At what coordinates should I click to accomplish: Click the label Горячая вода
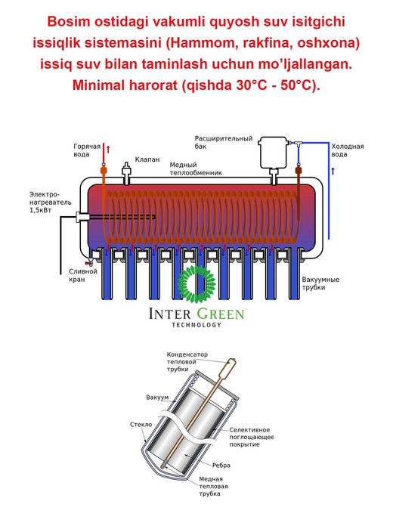click(87, 150)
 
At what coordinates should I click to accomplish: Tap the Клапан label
click(147, 159)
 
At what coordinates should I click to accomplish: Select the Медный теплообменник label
click(196, 169)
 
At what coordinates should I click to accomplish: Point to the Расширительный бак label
click(223, 142)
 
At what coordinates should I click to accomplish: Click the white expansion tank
click(273, 152)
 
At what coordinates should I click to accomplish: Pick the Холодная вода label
click(347, 150)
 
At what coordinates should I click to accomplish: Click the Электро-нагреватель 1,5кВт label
click(51, 202)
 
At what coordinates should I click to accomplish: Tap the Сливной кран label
click(83, 275)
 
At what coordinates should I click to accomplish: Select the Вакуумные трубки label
click(320, 283)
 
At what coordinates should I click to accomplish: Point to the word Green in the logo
click(220, 314)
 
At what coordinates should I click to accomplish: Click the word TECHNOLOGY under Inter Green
click(196, 325)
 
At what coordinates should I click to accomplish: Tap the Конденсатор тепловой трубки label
click(187, 362)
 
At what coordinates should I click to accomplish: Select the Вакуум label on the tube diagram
click(157, 398)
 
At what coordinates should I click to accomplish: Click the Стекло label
click(141, 425)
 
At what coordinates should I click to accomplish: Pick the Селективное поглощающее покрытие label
click(252, 437)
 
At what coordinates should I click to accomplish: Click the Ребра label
click(221, 466)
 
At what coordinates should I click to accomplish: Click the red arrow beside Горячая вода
click(108, 148)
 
